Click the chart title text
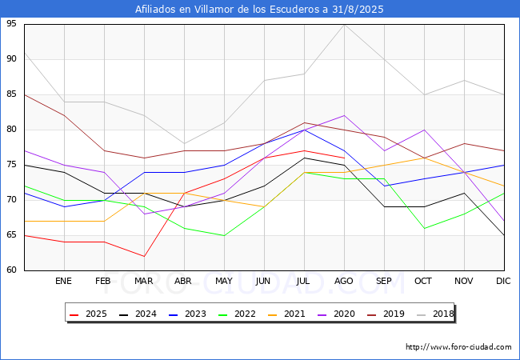pyautogui.click(x=260, y=10)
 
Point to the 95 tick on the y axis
pyautogui.click(x=11, y=24)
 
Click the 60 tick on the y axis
pyautogui.click(x=11, y=270)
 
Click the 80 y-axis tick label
pyautogui.click(x=11, y=130)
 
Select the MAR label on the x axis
pyautogui.click(x=144, y=282)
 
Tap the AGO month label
pyautogui.click(x=344, y=282)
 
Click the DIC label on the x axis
pyautogui.click(x=503, y=282)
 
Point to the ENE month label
pyautogui.click(x=64, y=282)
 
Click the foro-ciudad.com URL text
pyautogui.click(x=458, y=347)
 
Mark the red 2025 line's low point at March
pyautogui.click(x=144, y=256)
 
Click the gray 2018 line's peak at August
pyautogui.click(x=344, y=24)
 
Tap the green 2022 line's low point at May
pyautogui.click(x=224, y=235)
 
